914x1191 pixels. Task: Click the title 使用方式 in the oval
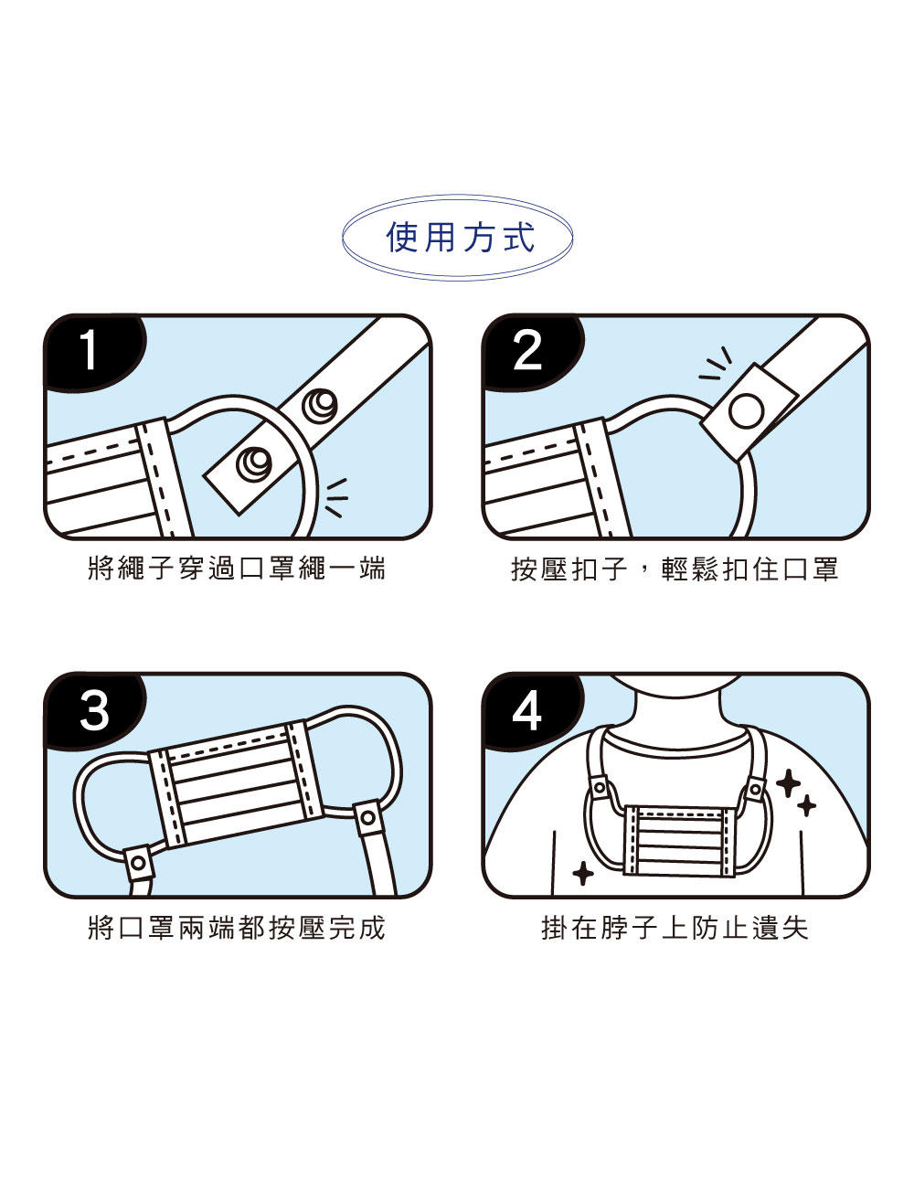point(460,238)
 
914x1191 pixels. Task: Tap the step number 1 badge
point(93,352)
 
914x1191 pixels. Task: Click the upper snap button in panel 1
point(320,405)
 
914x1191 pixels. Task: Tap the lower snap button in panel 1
point(254,464)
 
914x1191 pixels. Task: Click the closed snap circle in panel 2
point(746,411)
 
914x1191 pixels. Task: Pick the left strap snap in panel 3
point(138,863)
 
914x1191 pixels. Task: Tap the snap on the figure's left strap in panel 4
point(600,788)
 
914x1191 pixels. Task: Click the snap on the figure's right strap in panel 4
point(755,789)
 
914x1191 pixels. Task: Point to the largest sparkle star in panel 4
point(788,783)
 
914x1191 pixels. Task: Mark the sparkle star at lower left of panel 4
point(582,874)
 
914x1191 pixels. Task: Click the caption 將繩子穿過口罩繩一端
point(237,568)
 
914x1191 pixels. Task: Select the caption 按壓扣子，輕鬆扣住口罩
point(675,569)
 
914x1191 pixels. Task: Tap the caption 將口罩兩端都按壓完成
point(237,928)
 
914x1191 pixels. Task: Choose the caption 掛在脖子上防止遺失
point(675,928)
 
